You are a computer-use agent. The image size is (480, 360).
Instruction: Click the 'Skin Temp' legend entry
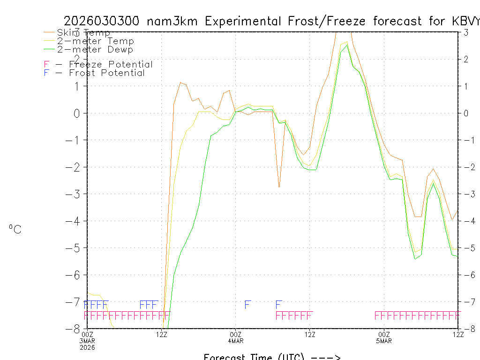pyautogui.click(x=83, y=32)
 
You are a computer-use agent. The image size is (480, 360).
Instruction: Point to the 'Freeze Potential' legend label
pyautogui.click(x=111, y=64)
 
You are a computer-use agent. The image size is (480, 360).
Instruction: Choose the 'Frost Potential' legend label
pyautogui.click(x=107, y=73)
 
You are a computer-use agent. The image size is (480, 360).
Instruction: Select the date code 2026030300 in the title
pyautogui.click(x=102, y=21)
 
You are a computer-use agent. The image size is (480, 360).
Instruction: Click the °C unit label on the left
pyautogui.click(x=15, y=229)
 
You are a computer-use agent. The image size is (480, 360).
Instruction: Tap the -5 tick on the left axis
pyautogui.click(x=77, y=247)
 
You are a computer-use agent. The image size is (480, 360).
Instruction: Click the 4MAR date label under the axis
pyautogui.click(x=236, y=340)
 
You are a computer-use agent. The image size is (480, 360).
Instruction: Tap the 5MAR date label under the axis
pyautogui.click(x=384, y=340)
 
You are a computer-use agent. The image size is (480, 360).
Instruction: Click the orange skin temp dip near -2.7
pyautogui.click(x=279, y=187)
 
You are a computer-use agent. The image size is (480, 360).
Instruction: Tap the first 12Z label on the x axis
pyautogui.click(x=162, y=334)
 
